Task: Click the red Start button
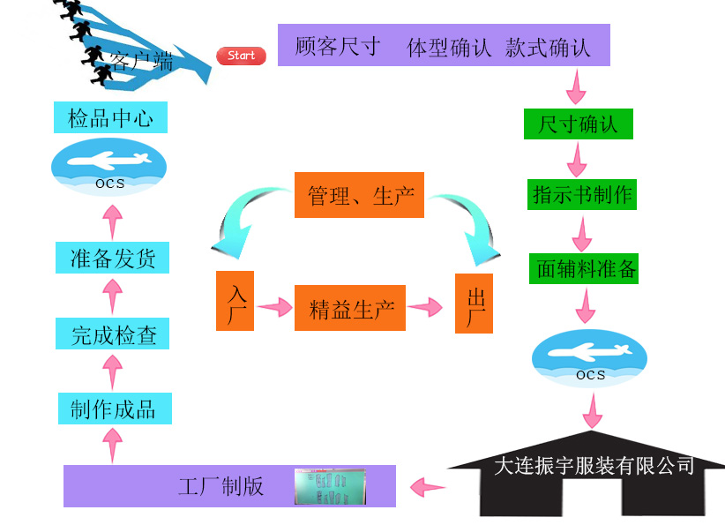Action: (241, 56)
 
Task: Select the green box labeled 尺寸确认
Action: (579, 124)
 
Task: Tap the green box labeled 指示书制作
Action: (582, 194)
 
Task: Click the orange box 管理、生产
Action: (359, 195)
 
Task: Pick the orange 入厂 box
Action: (235, 301)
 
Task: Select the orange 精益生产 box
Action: (350, 308)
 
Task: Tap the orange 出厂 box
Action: (474, 304)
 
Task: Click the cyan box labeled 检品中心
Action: (110, 117)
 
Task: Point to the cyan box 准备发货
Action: (112, 258)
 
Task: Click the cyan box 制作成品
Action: (114, 409)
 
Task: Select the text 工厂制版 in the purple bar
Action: (220, 486)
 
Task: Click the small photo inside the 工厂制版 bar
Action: (329, 486)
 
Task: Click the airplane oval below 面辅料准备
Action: (589, 357)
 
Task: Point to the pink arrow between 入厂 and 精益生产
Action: (273, 307)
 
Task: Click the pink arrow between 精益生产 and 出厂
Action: (425, 307)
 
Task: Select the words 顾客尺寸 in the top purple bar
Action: (337, 46)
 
